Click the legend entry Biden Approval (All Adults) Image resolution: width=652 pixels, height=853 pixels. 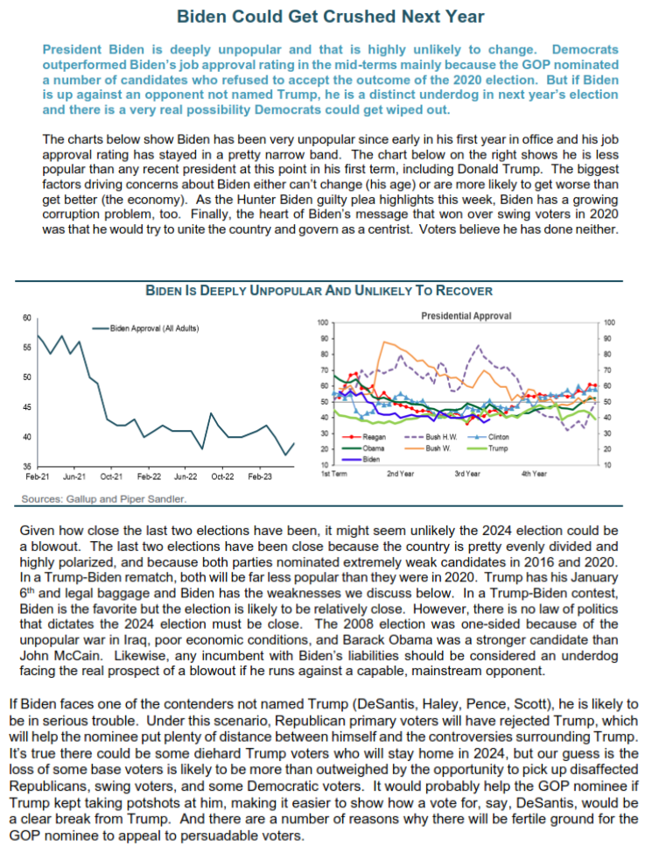(x=154, y=328)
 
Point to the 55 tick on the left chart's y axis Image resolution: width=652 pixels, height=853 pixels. (x=27, y=347)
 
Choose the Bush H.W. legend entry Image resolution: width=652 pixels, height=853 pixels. (x=436, y=436)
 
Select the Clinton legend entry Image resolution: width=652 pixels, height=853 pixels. (x=495, y=436)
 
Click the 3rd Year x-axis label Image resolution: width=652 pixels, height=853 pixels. (x=466, y=474)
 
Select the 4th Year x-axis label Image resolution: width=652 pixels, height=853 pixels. (x=534, y=474)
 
